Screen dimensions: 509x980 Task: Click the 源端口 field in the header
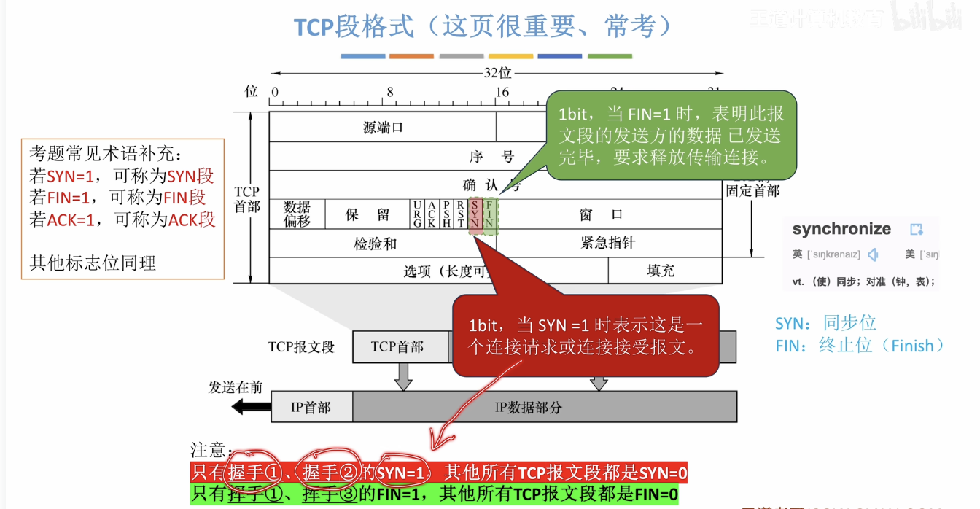coord(383,127)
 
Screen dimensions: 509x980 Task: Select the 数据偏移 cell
coord(297,214)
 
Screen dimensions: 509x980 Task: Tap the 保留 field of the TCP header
coord(367,214)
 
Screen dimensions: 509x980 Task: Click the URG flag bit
coord(417,214)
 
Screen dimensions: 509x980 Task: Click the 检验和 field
coord(375,244)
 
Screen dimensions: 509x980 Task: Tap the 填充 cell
coord(661,271)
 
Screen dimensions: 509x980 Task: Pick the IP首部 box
coord(311,407)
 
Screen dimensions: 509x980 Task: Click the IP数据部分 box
coord(544,407)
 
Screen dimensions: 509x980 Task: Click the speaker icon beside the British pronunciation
coord(873,254)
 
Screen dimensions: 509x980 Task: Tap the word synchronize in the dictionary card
coord(841,229)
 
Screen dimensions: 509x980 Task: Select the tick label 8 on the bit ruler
coord(390,93)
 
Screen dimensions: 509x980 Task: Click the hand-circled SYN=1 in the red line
coord(401,473)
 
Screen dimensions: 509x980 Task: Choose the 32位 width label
coord(497,73)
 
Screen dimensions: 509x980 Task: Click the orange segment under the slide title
coord(411,56)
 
